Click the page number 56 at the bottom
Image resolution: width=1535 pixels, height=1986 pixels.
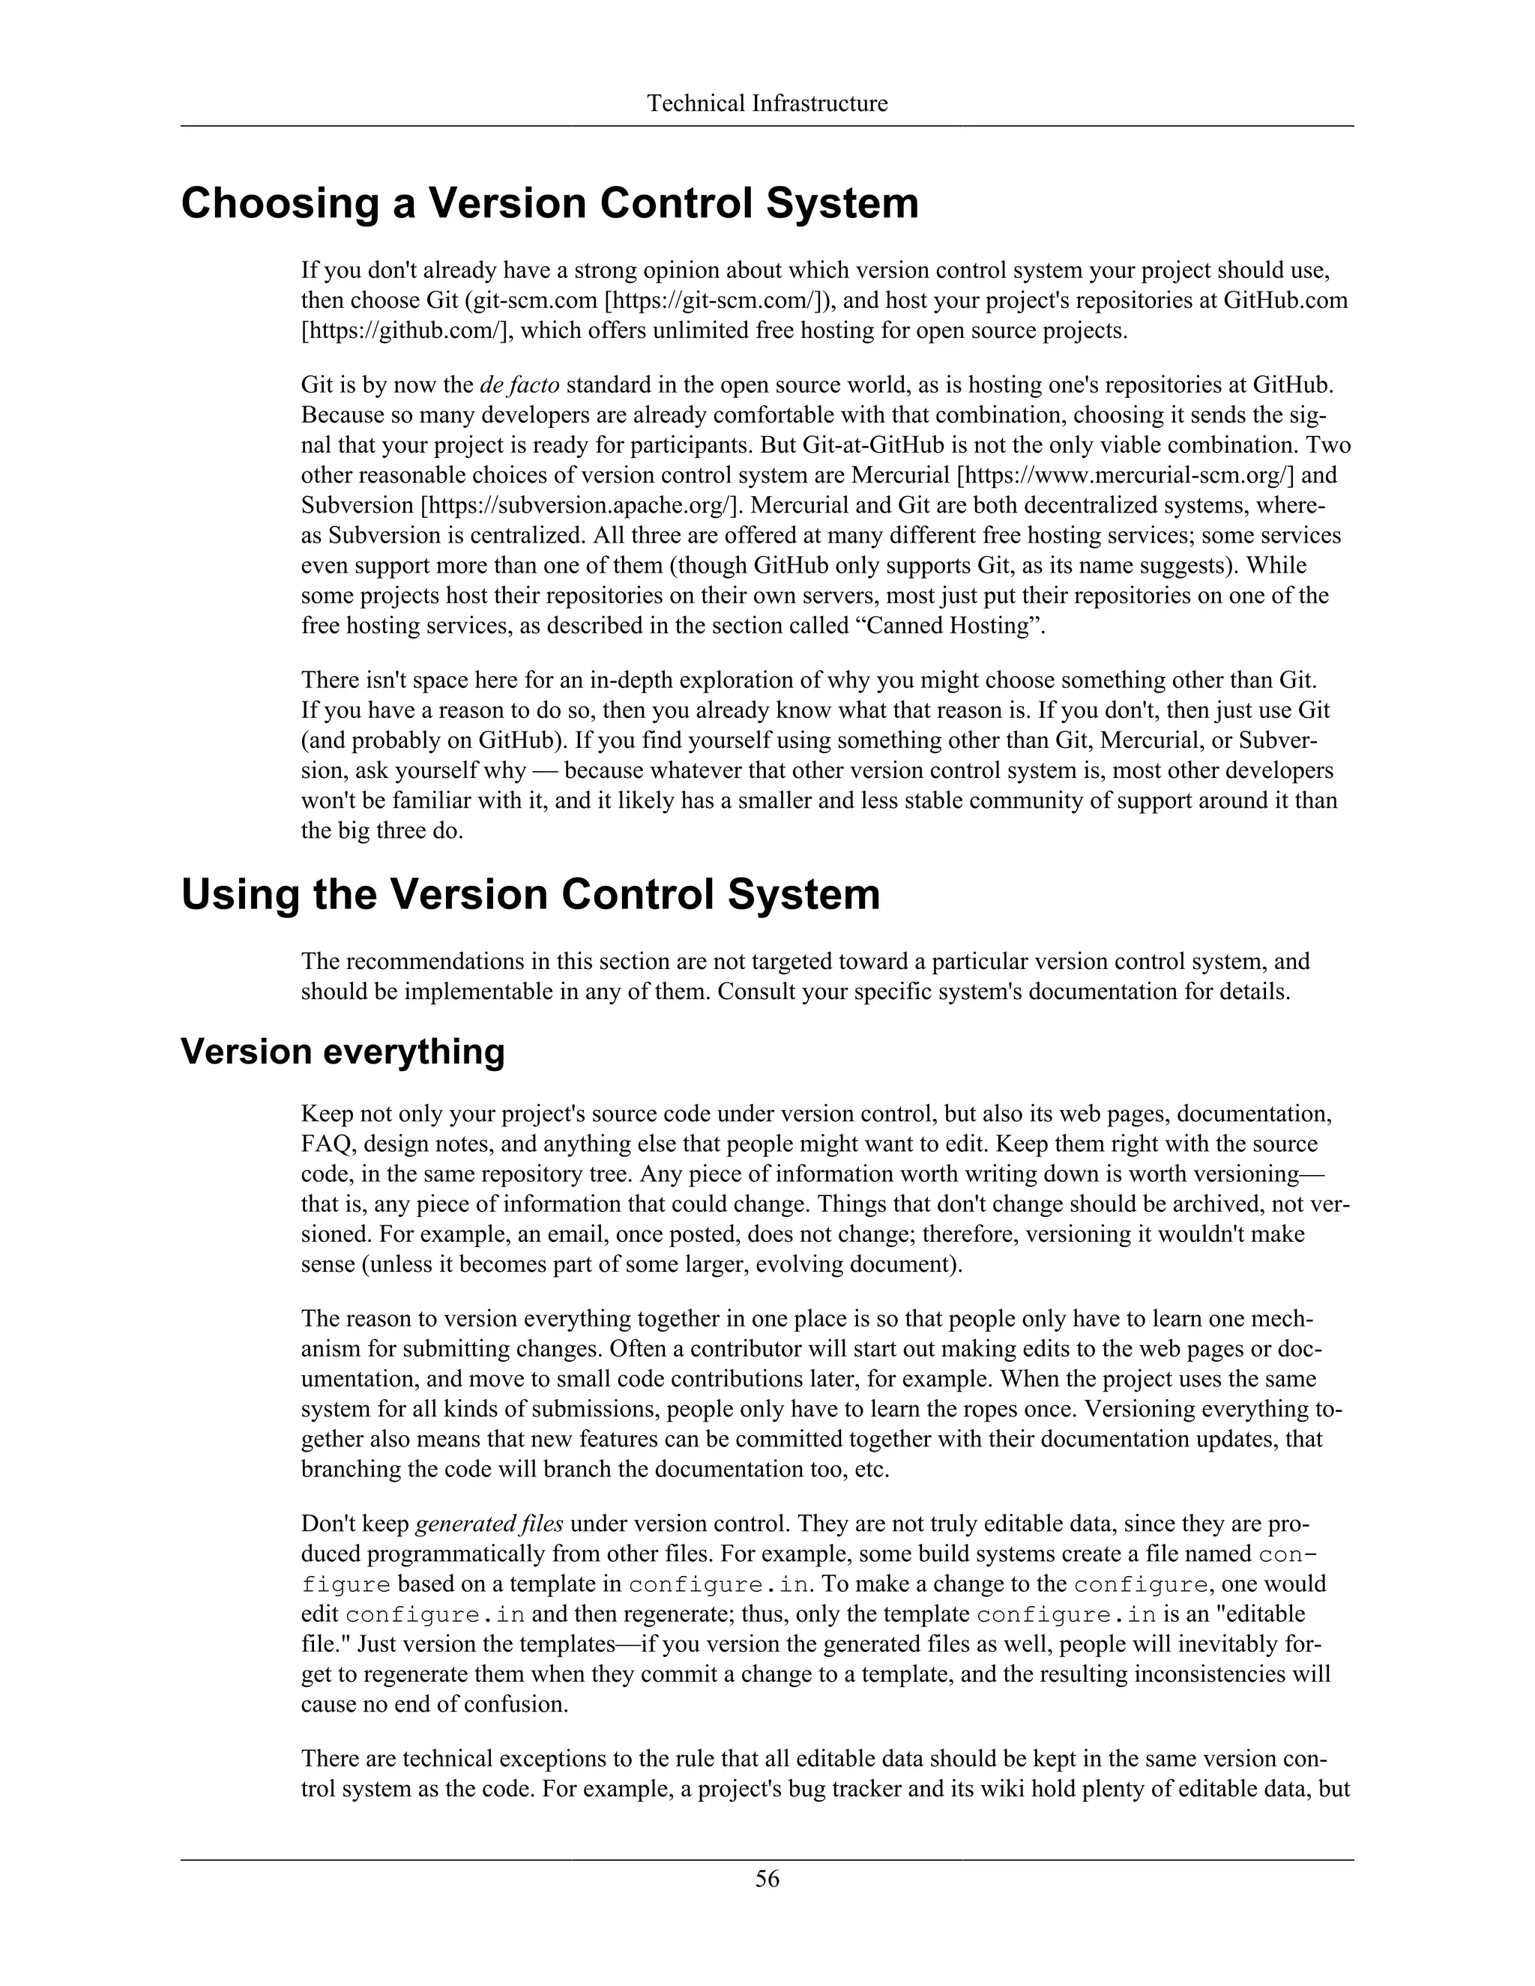(x=767, y=1880)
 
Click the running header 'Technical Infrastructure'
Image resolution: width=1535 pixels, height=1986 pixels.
(x=767, y=103)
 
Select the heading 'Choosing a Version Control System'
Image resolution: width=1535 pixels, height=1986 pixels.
(x=549, y=203)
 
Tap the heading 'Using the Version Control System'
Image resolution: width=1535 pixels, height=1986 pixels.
(x=530, y=895)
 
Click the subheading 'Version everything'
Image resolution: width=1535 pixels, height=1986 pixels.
(x=342, y=1051)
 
